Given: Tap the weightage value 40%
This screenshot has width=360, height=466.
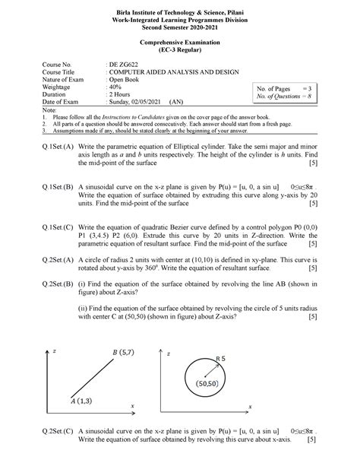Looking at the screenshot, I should tap(113, 87).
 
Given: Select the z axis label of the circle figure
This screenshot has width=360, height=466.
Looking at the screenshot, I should tap(170, 354).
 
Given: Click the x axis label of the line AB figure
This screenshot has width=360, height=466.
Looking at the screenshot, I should tap(132, 407).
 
